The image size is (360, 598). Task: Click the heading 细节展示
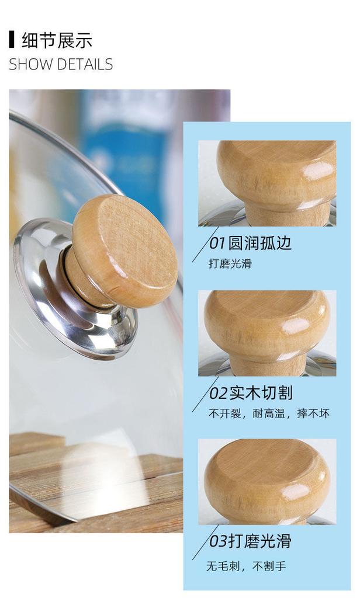click(57, 41)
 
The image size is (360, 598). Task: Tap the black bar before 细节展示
click(12, 40)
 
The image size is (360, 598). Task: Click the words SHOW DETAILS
click(61, 64)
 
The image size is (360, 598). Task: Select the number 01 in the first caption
click(217, 243)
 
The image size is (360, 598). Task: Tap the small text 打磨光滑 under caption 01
click(230, 263)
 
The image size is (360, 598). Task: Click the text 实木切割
click(259, 392)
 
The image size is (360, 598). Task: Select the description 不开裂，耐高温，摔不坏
click(269, 413)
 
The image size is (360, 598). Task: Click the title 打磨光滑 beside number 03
click(259, 541)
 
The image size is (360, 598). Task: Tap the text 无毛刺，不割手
click(246, 565)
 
